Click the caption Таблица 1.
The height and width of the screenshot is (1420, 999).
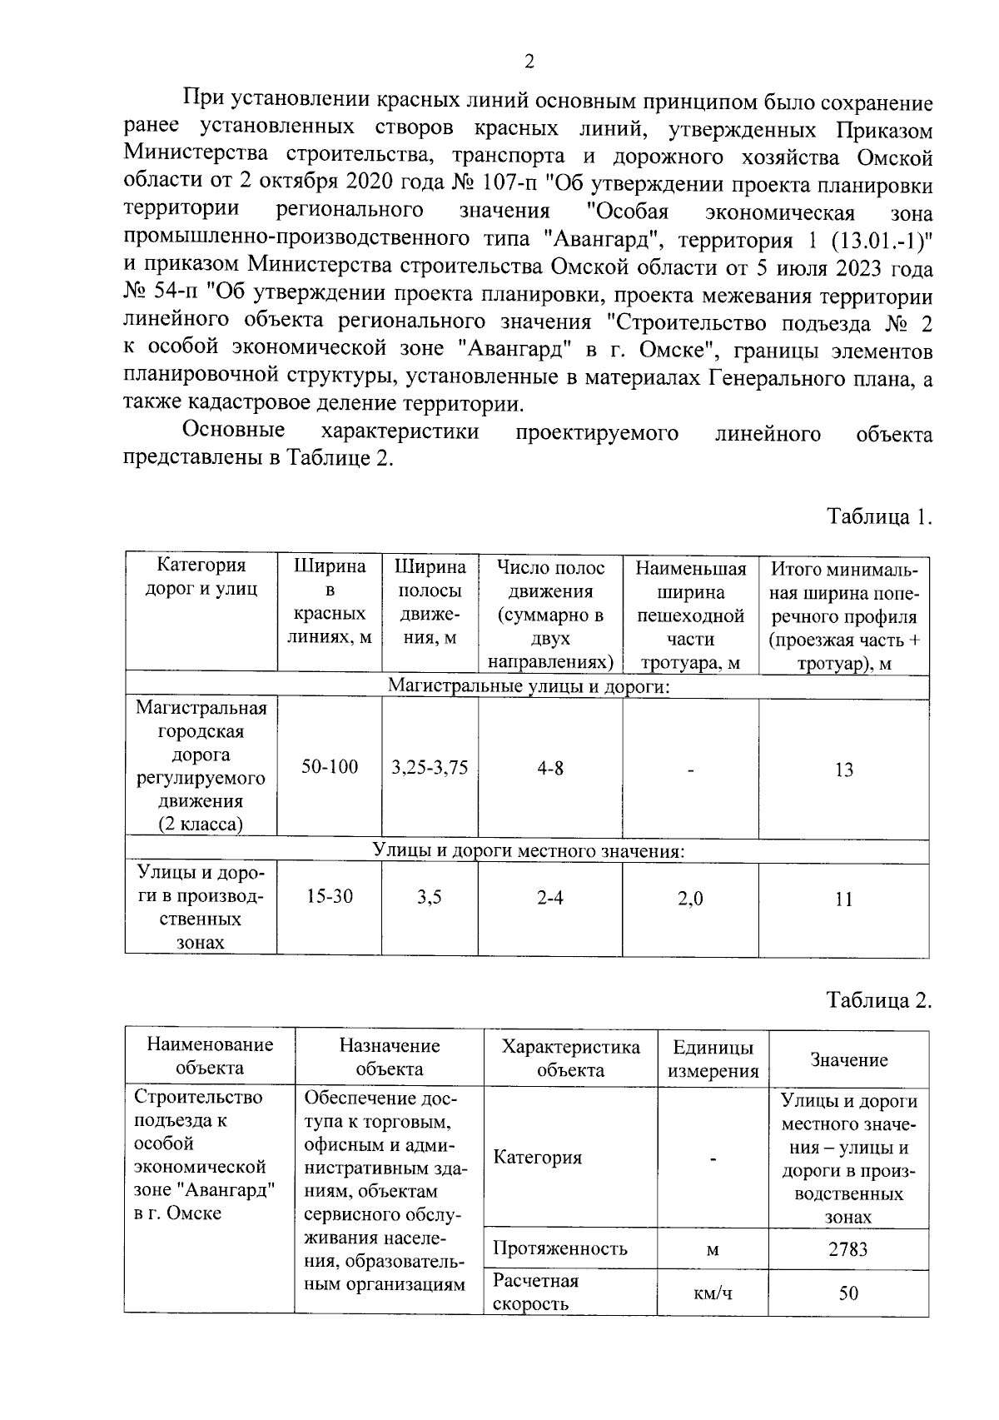(878, 517)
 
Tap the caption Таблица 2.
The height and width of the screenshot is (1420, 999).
(878, 999)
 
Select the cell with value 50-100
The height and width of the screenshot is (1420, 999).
(330, 766)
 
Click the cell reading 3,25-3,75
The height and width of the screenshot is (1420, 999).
(430, 767)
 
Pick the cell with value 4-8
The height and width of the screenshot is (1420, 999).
(549, 767)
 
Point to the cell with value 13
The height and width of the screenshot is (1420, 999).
(843, 770)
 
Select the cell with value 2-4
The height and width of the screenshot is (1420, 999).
(549, 899)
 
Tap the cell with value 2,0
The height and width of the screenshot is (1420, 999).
(690, 899)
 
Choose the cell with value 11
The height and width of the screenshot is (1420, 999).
(843, 899)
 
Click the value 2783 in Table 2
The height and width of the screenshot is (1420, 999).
(847, 1249)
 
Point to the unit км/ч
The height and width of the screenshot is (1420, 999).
(713, 1293)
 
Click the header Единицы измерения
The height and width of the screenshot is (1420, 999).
(713, 1059)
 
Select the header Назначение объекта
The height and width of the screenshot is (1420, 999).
(389, 1057)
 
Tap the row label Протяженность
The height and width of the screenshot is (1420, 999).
(559, 1248)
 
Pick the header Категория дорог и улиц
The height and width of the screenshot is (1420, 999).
(201, 577)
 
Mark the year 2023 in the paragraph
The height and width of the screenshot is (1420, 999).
(842, 269)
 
